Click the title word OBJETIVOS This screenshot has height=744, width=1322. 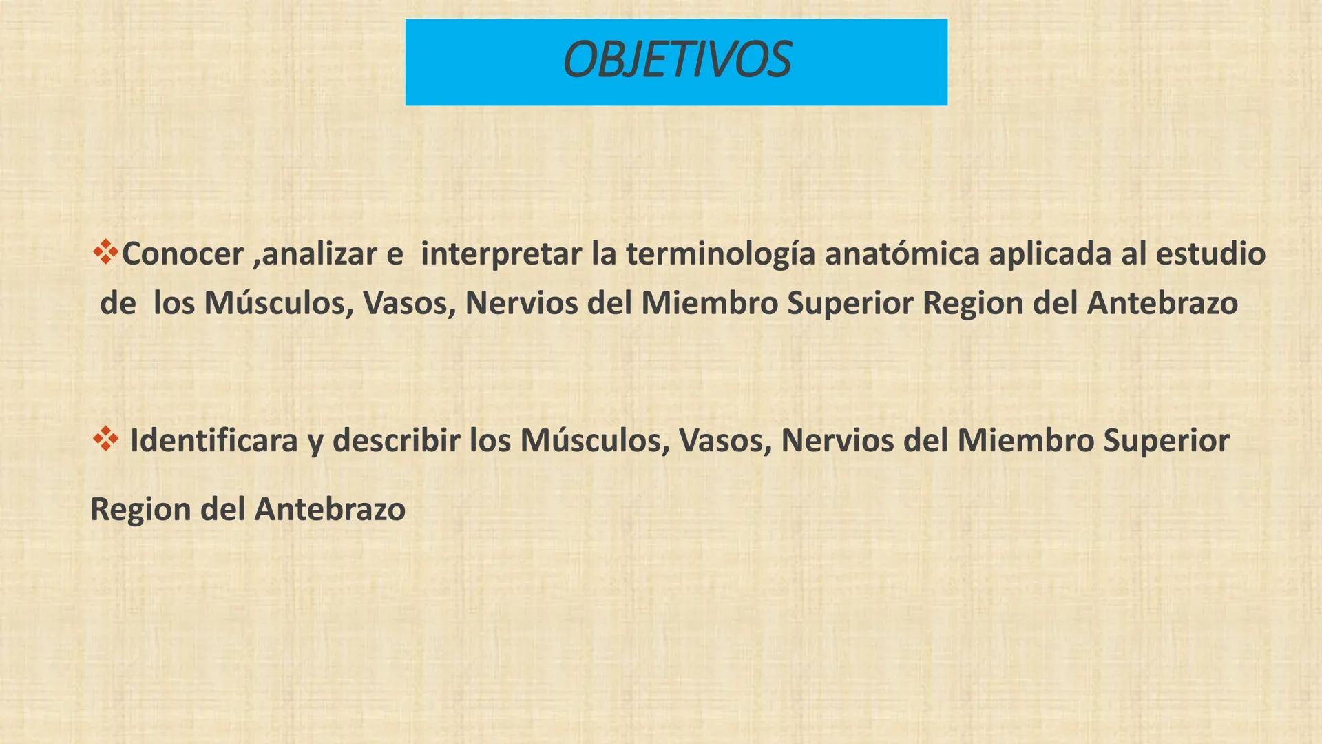[676, 61]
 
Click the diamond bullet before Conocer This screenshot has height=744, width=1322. [105, 252]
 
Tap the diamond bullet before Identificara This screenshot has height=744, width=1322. [105, 439]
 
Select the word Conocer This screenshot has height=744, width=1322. [182, 254]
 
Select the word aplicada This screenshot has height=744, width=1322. [1050, 254]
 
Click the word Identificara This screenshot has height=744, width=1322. [213, 441]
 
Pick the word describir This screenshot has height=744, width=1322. [396, 441]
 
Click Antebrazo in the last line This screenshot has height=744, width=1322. [330, 510]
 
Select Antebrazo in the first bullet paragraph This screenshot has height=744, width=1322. [1162, 303]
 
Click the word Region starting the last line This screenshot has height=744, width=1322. [140, 510]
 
